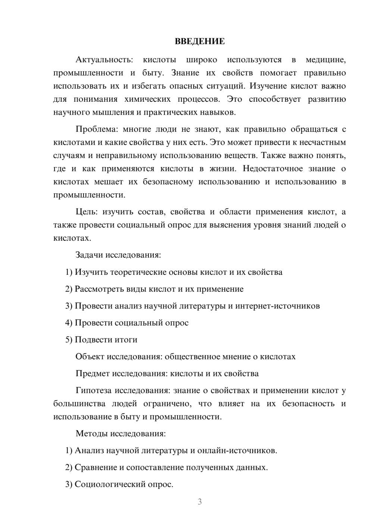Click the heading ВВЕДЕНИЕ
(200, 41)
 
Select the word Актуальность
(104, 60)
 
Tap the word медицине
(326, 60)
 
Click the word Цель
(86, 212)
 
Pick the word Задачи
(89, 255)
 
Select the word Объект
(90, 357)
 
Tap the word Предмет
(93, 373)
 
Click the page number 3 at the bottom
(200, 502)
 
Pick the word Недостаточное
(273, 168)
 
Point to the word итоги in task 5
(128, 340)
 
